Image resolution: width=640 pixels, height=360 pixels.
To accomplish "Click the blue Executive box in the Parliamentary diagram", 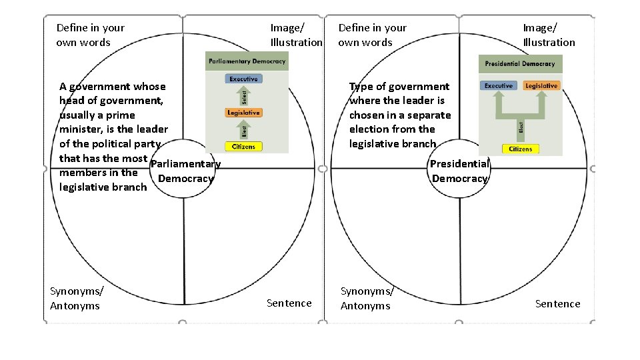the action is (x=243, y=79).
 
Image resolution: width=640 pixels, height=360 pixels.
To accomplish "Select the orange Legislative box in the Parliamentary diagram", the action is (x=243, y=113).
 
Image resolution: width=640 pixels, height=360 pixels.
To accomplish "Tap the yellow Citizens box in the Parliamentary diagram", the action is (x=243, y=147).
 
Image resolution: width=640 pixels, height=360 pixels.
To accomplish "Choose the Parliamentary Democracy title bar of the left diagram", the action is (x=247, y=61).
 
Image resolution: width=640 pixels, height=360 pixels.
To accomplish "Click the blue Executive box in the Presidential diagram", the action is (x=498, y=86).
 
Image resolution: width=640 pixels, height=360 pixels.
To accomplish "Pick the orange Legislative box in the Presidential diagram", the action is (x=541, y=86).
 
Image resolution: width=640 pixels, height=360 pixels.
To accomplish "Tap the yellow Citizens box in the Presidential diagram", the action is (x=520, y=149).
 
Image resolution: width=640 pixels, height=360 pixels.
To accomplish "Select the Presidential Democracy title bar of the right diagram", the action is (x=520, y=64).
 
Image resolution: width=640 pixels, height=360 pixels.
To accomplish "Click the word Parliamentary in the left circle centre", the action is (x=186, y=164).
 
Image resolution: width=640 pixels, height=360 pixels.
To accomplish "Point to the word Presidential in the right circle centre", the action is (x=459, y=164).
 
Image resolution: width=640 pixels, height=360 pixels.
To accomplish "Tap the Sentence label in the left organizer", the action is (x=289, y=303).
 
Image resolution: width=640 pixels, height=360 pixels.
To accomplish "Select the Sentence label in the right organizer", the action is (x=557, y=304).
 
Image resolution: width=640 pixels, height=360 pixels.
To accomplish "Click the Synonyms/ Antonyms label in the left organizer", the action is (x=76, y=298).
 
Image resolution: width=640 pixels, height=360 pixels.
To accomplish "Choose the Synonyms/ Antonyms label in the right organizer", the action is (x=367, y=298).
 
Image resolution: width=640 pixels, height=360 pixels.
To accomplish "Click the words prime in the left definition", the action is (x=121, y=115).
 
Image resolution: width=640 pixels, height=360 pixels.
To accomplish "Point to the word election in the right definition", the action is (x=371, y=129).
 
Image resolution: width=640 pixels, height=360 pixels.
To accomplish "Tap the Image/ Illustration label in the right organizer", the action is (x=548, y=35).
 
